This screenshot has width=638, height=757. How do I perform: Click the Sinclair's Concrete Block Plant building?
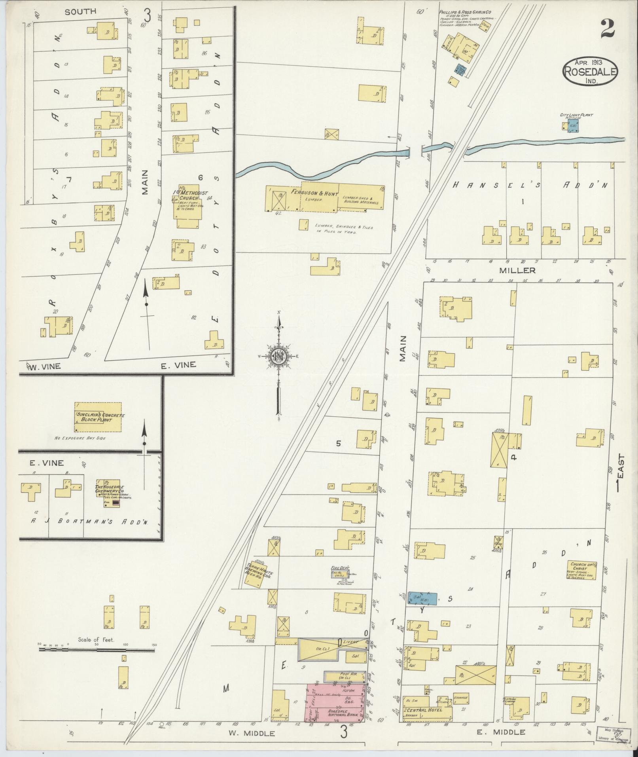coord(98,417)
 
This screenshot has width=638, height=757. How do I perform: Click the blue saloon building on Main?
coord(422,610)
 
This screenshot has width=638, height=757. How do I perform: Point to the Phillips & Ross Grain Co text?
coord(461,12)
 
